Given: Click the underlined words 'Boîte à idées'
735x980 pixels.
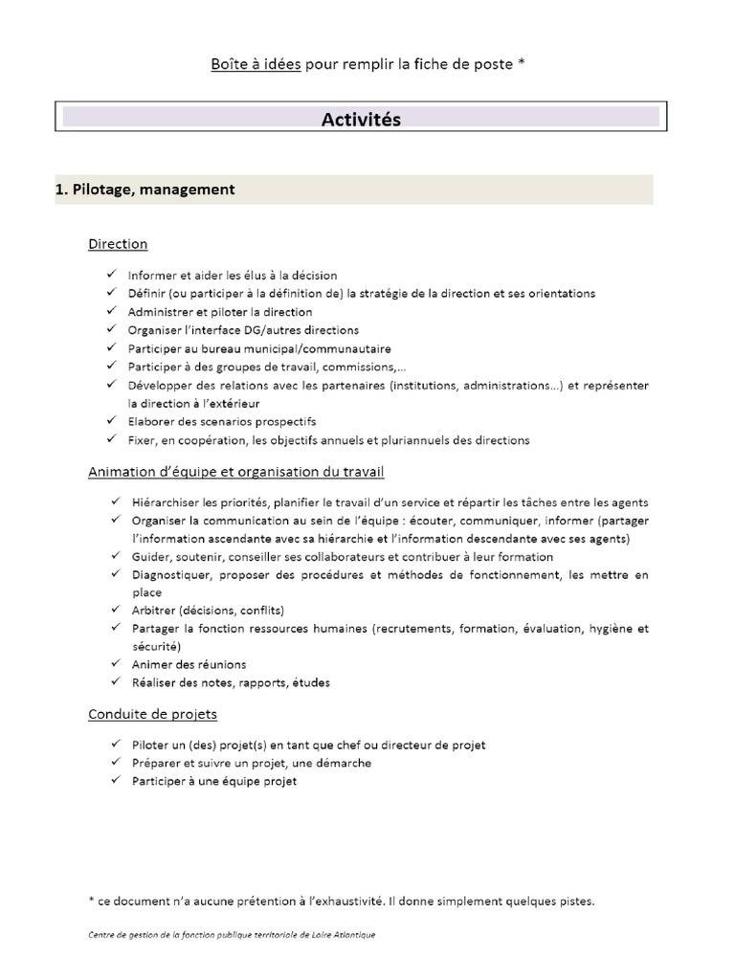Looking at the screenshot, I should click(256, 64).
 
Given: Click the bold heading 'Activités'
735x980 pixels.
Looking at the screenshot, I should click(361, 120).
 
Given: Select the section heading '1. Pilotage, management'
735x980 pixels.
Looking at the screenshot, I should click(145, 189).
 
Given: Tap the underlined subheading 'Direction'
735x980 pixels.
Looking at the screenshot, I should click(118, 244).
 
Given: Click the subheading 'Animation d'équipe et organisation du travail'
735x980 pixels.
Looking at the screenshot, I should click(236, 472).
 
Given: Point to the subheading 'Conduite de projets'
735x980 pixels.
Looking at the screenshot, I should click(152, 714).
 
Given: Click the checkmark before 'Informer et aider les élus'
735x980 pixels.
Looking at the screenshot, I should click(113, 275).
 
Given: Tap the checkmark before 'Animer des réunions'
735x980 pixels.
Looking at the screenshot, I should click(113, 664).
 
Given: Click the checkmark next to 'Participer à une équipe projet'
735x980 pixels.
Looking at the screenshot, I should click(113, 781).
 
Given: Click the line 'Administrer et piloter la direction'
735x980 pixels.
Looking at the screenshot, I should click(220, 312).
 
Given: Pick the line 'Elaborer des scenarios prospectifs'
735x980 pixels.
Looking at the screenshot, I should click(221, 422).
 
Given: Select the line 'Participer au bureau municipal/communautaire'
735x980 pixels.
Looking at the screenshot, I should click(259, 348).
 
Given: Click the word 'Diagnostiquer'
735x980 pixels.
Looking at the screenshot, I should click(170, 575).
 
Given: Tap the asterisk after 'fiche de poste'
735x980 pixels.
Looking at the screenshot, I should click(520, 64).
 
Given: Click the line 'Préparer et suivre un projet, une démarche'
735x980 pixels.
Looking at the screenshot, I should click(250, 763).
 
